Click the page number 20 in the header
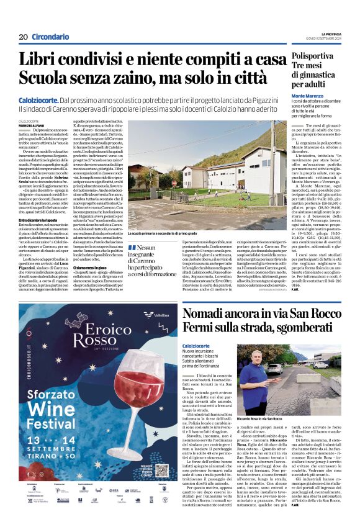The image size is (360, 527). coord(24,37)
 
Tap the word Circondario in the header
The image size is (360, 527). coord(50,37)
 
